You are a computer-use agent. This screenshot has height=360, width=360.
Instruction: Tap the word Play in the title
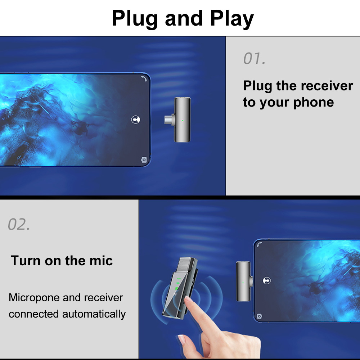(231, 19)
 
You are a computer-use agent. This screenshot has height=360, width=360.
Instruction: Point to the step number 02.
(19, 224)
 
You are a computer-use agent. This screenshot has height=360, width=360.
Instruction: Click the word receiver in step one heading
(327, 86)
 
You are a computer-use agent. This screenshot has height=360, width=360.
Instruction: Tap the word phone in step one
(314, 102)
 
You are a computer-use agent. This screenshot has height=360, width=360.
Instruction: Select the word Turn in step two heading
(26, 261)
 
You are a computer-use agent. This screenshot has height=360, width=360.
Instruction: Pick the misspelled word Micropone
(34, 298)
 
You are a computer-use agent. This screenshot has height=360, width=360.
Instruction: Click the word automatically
(94, 314)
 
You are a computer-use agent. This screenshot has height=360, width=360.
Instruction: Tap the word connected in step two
(34, 314)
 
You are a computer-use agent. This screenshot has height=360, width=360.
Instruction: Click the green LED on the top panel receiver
(183, 121)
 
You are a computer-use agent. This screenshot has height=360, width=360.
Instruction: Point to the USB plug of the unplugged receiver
(169, 120)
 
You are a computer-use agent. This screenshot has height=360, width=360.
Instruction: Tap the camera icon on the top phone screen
(144, 160)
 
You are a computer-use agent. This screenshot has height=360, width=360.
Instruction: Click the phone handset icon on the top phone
(144, 78)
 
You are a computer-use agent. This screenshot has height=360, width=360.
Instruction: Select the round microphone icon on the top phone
(135, 120)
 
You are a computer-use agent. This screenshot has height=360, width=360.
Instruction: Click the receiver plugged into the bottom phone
(244, 281)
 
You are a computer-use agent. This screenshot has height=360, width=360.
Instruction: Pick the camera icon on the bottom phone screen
(259, 316)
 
